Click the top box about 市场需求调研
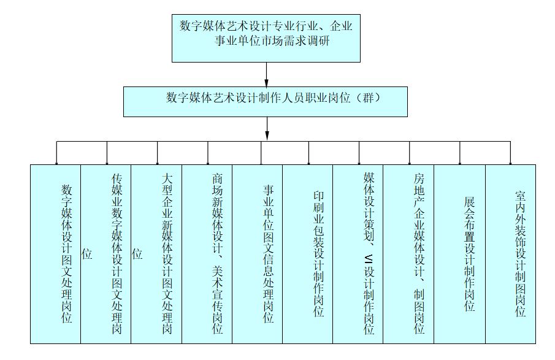[266, 38]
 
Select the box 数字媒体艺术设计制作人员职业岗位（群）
[266, 102]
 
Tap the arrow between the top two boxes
[267, 75]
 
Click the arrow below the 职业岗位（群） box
[267, 129]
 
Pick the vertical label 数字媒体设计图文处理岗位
[67, 254]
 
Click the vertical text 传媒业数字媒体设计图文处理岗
[117, 254]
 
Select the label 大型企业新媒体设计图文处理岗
[167, 254]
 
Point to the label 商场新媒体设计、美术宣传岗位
[217, 254]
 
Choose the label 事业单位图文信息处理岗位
[268, 254]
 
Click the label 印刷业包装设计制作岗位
[318, 254]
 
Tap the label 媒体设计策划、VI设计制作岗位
[369, 254]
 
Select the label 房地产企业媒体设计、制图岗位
[419, 254]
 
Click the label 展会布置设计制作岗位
[469, 254]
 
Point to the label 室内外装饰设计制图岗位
[520, 254]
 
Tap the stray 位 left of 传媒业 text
[86, 254]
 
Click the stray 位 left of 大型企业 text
[137, 254]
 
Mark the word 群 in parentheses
[369, 98]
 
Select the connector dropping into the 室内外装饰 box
[510, 153]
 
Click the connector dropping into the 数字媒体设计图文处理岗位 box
[56, 153]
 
